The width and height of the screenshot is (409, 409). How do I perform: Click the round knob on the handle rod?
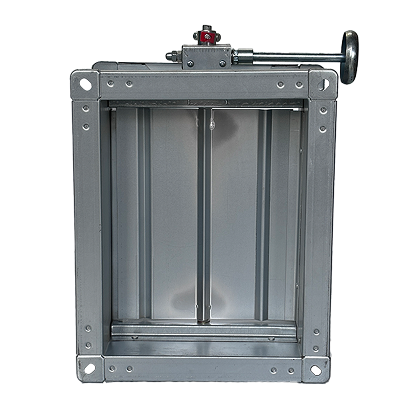[349, 56]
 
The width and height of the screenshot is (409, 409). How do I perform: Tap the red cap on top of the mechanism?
[206, 36]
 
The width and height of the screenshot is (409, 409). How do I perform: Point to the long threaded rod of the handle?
[297, 56]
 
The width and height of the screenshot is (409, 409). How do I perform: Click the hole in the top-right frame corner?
[324, 84]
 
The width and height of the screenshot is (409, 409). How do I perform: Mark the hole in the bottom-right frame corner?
[316, 369]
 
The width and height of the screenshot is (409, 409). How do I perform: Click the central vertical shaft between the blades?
[204, 215]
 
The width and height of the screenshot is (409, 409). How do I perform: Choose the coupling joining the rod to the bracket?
[244, 56]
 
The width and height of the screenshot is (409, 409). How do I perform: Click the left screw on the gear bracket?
[190, 63]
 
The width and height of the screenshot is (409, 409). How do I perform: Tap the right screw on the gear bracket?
[223, 63]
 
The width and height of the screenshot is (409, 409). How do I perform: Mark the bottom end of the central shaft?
[204, 318]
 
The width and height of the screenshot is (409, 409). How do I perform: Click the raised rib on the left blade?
[144, 215]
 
